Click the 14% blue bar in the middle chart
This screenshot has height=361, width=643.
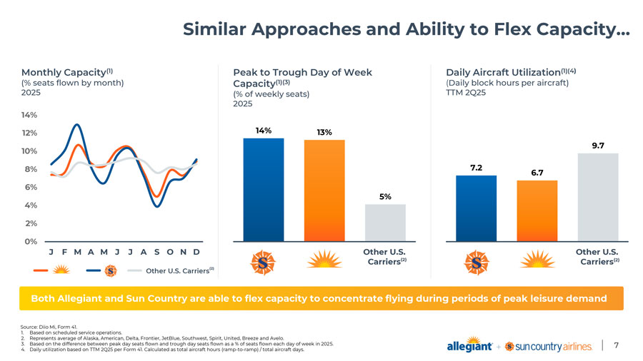264,189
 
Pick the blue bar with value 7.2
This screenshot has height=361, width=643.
476,208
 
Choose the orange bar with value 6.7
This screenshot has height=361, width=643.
537,210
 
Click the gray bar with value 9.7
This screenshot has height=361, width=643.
597,197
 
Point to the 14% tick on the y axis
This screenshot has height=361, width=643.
30,115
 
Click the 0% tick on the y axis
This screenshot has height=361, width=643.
30,241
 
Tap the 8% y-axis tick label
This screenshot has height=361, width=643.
30,169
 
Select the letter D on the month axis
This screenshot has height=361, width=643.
196,253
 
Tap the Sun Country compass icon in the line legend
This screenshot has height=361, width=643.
110,270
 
